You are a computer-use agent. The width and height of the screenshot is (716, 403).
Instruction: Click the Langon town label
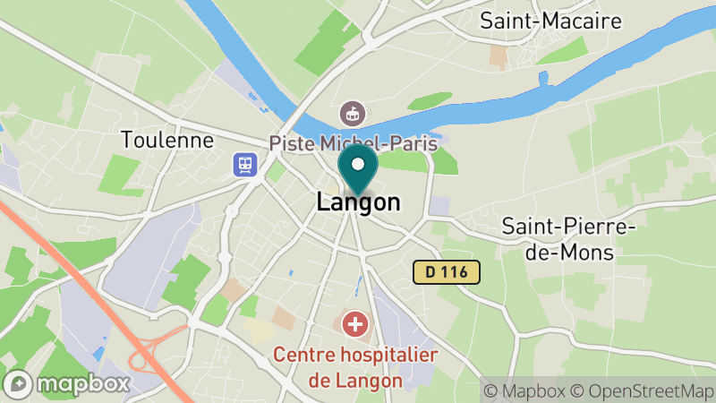(x=358, y=203)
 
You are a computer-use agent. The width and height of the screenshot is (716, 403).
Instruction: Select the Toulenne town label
(x=169, y=141)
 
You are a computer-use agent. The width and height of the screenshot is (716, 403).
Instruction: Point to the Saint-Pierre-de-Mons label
(x=569, y=239)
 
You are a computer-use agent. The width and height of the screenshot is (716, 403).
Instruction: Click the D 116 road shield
(x=447, y=270)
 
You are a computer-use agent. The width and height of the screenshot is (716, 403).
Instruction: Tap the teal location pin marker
(x=358, y=170)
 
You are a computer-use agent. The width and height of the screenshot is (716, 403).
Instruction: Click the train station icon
(x=243, y=164)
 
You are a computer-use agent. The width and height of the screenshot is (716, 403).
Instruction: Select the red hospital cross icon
(x=356, y=323)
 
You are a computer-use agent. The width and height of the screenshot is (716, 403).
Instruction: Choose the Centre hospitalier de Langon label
(x=355, y=366)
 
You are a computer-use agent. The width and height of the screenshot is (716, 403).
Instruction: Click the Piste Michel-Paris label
(x=354, y=142)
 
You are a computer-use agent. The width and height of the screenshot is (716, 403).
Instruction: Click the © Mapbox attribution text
(x=525, y=390)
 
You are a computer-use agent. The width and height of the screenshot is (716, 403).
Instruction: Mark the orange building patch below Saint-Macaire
(x=499, y=56)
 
